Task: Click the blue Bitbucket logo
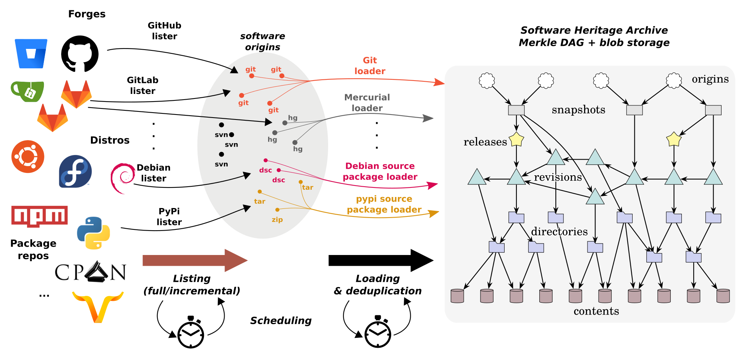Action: click(x=31, y=53)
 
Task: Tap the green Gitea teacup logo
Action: click(x=28, y=91)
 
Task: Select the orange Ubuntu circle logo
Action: click(x=28, y=157)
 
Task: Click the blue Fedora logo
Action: click(x=75, y=171)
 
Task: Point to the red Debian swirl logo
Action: click(x=123, y=178)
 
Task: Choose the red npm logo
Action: click(x=39, y=216)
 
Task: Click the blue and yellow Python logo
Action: click(x=93, y=233)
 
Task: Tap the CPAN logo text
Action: click(x=91, y=272)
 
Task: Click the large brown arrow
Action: click(x=195, y=260)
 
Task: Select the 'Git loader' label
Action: click(x=370, y=66)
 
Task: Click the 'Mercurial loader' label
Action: click(x=367, y=103)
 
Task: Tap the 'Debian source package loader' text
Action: click(x=380, y=171)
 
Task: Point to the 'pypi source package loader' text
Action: click(x=384, y=204)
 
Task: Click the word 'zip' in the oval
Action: click(x=277, y=220)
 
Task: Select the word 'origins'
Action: click(x=710, y=79)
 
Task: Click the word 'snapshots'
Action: click(x=578, y=110)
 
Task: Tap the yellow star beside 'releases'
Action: click(x=516, y=139)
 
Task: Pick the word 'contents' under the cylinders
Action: click(x=596, y=311)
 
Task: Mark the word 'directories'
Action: click(x=559, y=231)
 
